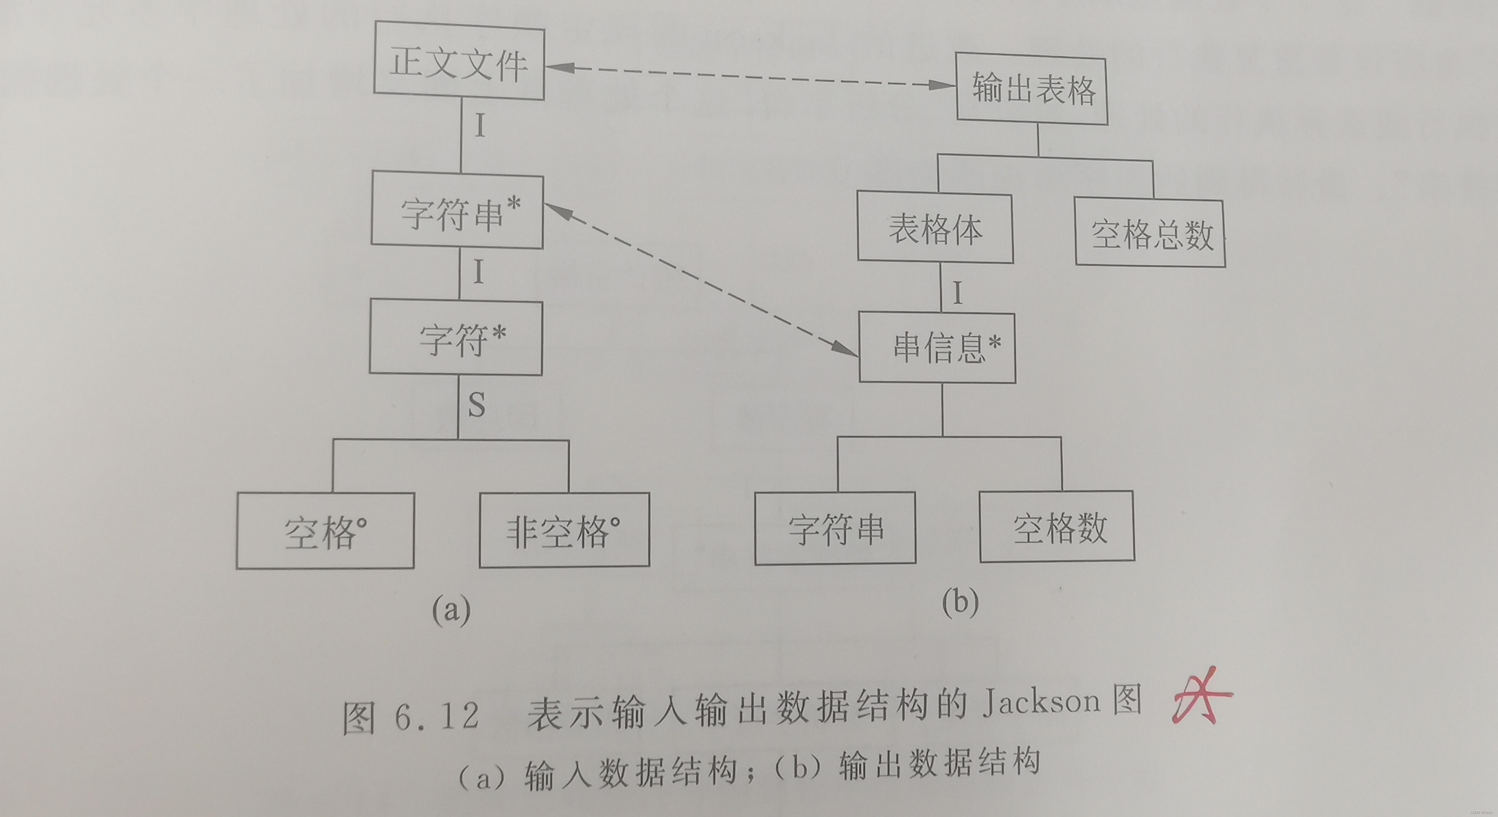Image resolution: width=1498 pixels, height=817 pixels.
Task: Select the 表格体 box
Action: [935, 228]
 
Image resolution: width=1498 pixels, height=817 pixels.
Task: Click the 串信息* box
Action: [938, 348]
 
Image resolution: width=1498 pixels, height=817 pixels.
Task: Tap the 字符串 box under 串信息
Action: [835, 528]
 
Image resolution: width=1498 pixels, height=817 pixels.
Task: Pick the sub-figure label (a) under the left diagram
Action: [451, 611]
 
